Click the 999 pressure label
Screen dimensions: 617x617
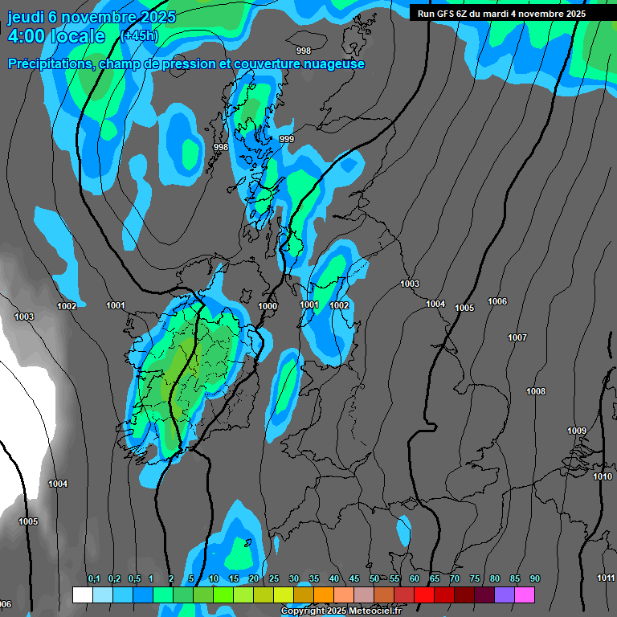click(287, 140)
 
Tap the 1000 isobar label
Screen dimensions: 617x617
click(268, 306)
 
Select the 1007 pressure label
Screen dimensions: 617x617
click(517, 337)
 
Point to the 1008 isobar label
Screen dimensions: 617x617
click(536, 391)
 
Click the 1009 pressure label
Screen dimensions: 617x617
click(577, 431)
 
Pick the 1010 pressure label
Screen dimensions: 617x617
click(603, 476)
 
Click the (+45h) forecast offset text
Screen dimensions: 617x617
click(139, 36)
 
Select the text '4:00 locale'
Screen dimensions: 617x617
click(55, 37)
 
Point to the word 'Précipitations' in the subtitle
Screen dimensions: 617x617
click(50, 64)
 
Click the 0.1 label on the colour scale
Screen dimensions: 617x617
click(94, 579)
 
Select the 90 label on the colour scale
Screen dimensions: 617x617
click(535, 579)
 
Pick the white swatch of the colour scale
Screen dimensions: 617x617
click(82, 595)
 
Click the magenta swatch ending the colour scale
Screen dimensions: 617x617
click(525, 595)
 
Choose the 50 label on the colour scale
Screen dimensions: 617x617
click(374, 579)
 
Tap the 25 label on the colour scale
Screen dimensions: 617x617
click(274, 579)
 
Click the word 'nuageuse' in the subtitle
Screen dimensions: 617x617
click(333, 64)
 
